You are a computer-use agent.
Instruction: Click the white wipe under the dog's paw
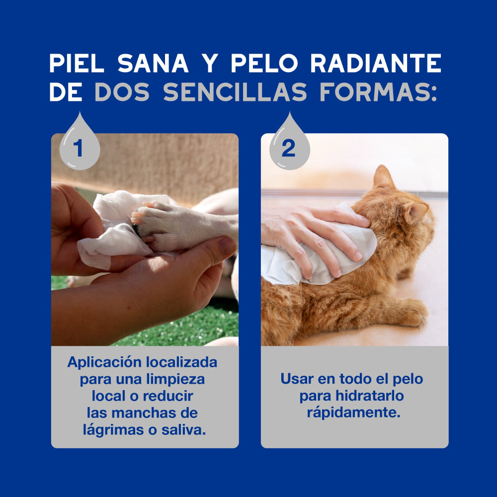(x=112, y=244)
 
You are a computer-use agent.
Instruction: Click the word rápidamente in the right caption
(x=353, y=413)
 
